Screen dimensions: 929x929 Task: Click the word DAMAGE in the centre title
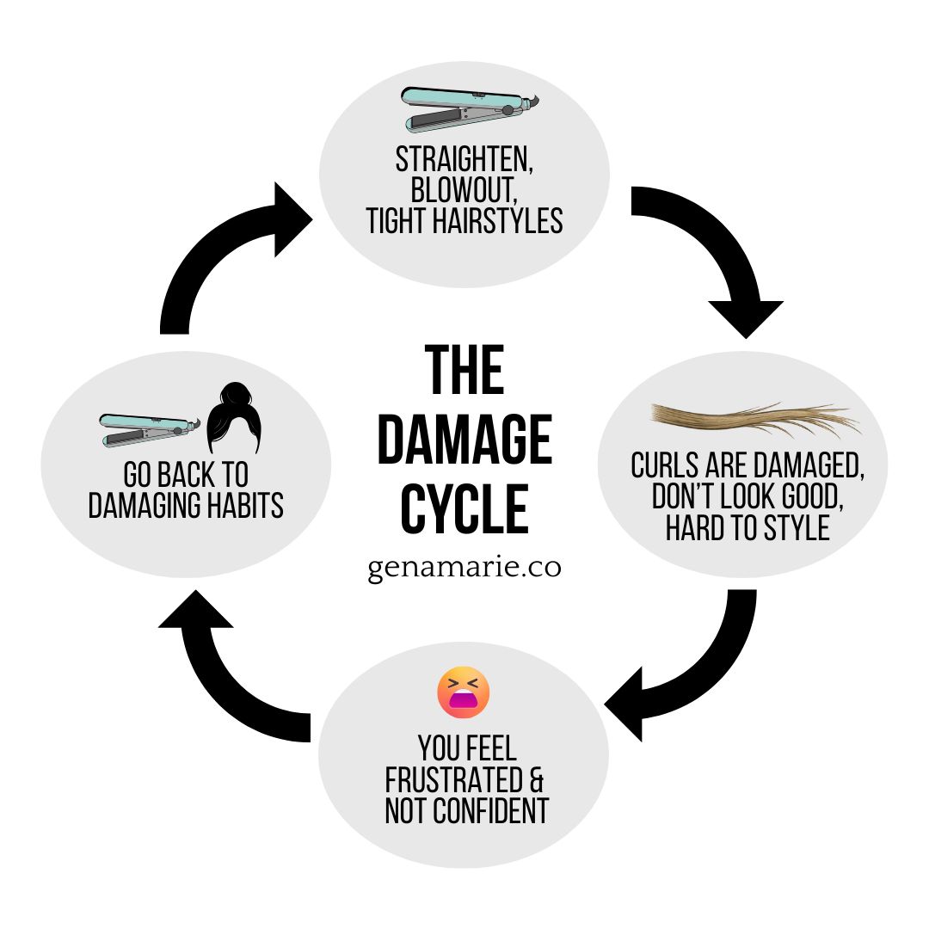point(464,440)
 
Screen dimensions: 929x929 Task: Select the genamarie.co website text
point(464,569)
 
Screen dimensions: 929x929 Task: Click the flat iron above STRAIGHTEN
point(469,110)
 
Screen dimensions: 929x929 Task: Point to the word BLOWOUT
point(464,189)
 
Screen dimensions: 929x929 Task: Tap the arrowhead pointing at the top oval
point(292,219)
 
